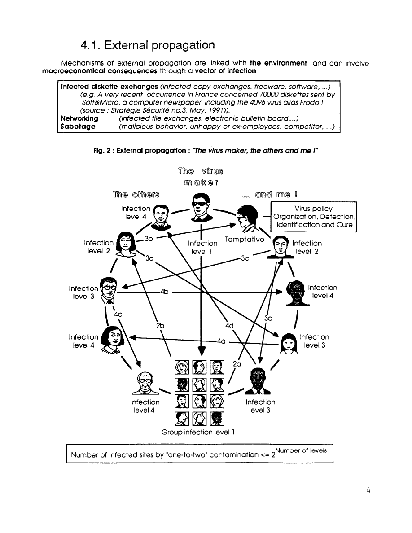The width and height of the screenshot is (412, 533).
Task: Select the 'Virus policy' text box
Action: [x=313, y=217]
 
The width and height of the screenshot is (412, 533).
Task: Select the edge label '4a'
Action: [x=221, y=341]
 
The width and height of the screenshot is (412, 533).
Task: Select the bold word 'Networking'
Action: [x=79, y=118]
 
